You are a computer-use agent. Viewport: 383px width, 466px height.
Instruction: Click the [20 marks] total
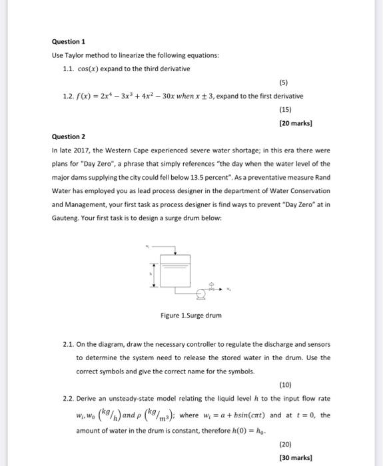click(x=297, y=123)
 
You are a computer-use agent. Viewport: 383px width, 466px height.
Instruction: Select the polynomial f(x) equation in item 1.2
click(x=127, y=97)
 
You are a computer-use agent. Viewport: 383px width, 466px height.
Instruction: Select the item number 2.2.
click(x=67, y=397)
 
